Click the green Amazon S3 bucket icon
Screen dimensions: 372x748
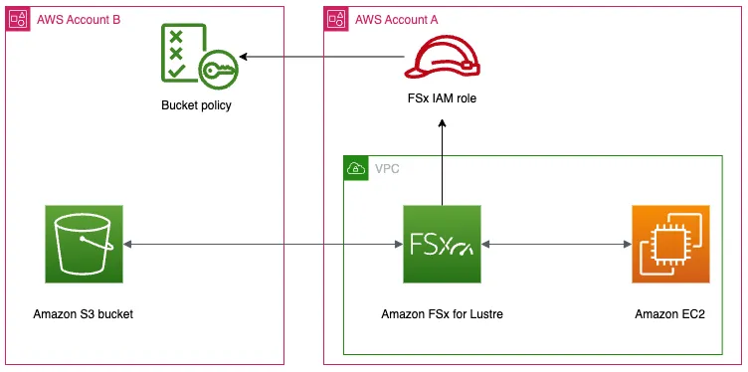[x=84, y=244]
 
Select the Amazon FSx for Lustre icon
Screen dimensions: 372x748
[x=442, y=244]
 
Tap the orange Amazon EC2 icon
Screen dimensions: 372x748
[x=670, y=244]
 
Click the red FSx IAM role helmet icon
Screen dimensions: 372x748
[x=442, y=59]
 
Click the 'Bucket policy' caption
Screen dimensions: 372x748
[x=196, y=104]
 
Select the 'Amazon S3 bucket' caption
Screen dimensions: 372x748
[x=84, y=314]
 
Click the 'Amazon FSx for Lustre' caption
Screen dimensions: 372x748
[x=442, y=314]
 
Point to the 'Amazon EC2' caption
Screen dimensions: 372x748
[x=670, y=314]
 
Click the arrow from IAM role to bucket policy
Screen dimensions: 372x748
[x=318, y=60]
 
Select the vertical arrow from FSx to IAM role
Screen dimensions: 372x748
[x=442, y=159]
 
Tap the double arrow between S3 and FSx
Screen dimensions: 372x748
[x=264, y=245]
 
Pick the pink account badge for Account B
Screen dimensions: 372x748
[x=18, y=19]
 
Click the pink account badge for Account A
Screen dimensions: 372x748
[x=336, y=19]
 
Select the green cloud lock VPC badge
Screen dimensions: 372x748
[x=355, y=168]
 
